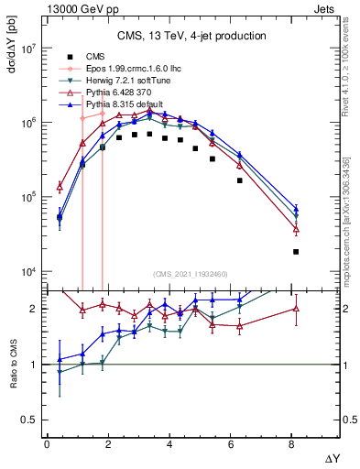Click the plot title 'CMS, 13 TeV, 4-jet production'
coord(191,37)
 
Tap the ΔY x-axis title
coord(332,457)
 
